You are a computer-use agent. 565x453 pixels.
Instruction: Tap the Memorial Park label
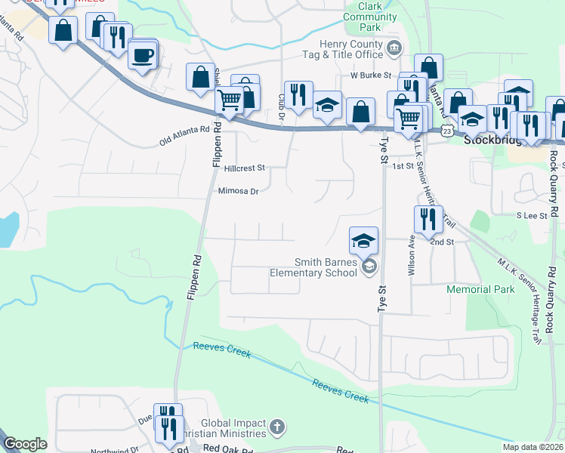[480, 289]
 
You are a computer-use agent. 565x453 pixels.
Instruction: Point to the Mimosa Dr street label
[238, 192]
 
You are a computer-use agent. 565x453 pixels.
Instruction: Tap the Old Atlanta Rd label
[184, 136]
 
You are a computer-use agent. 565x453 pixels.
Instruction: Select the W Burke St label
[370, 75]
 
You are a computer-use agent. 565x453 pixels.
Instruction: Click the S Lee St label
[532, 215]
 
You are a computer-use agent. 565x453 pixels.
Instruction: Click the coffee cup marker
[142, 54]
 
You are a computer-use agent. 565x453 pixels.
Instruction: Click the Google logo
[25, 444]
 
